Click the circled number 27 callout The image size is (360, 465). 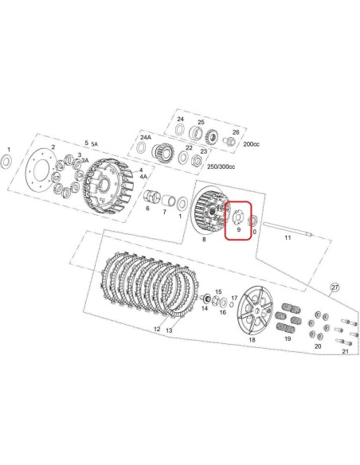point(335,287)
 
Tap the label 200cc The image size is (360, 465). point(251,144)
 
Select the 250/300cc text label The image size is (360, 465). point(221,166)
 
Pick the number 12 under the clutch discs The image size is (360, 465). point(157,329)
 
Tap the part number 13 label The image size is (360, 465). point(169,330)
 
